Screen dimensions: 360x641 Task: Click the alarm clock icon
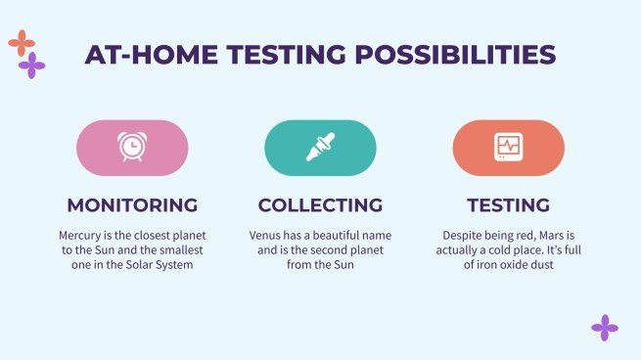click(132, 148)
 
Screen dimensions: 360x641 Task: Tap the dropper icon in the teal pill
click(320, 148)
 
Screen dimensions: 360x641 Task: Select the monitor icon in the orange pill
click(508, 148)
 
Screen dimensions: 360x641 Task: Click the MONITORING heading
click(132, 205)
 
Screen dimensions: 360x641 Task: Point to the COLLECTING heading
click(320, 205)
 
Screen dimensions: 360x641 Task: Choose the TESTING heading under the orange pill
click(508, 205)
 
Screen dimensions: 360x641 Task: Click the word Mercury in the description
click(81, 236)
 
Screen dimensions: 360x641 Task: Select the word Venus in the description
click(268, 236)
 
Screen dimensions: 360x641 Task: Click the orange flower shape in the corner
click(21, 42)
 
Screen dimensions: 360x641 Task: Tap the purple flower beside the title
click(32, 66)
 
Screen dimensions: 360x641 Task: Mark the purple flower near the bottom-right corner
click(605, 328)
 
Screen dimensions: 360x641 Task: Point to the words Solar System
click(160, 265)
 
